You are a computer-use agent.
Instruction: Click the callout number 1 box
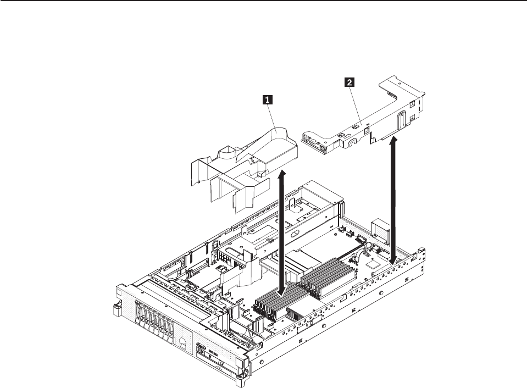tap(268, 99)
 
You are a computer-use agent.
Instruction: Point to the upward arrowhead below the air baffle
tap(284, 175)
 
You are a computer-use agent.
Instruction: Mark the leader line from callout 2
tap(354, 107)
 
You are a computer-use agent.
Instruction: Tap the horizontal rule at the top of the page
tap(263, 2)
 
